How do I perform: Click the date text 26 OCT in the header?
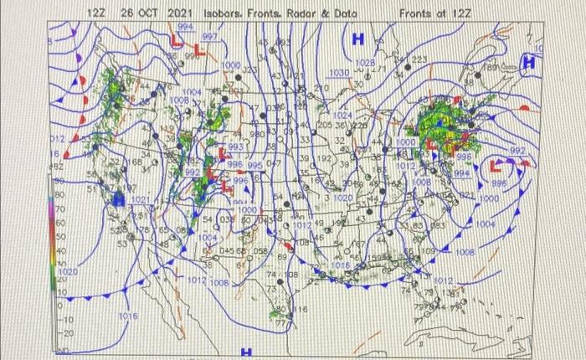141,14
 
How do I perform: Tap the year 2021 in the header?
179,14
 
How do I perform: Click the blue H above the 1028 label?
358,39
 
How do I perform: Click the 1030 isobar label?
338,74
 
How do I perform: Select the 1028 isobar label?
366,64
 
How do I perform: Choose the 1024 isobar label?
342,116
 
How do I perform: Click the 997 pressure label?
208,38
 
